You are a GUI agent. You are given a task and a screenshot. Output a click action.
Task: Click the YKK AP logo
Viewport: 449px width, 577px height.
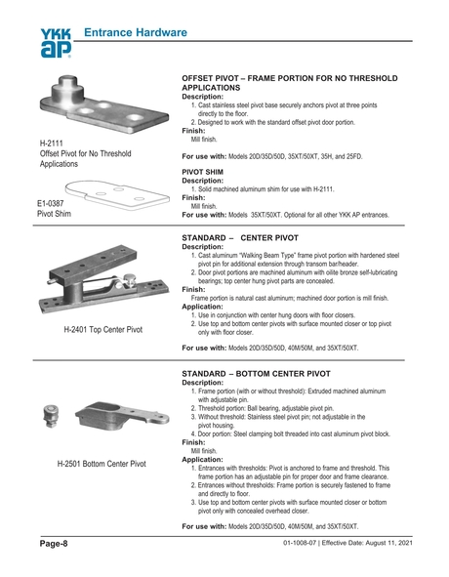56,43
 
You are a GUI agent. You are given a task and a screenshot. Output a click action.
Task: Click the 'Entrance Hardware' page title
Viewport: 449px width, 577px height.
135,33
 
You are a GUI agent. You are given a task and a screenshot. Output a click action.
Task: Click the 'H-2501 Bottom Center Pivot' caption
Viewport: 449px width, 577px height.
103,464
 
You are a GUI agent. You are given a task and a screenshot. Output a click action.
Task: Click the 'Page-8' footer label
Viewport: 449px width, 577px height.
54,543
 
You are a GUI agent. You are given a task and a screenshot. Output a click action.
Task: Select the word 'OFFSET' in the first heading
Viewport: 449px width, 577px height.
201,76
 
